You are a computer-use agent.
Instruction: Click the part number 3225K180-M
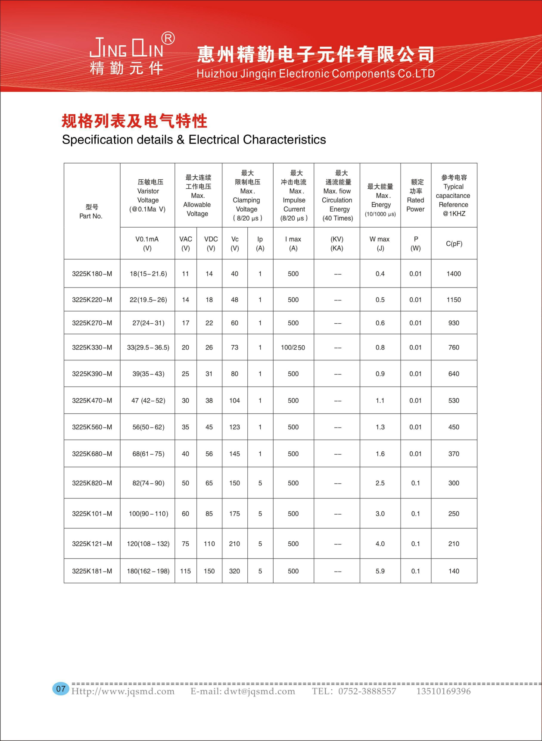pos(92,274)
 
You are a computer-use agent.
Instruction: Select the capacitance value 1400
pos(454,274)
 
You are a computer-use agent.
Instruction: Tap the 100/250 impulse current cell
pos(293,347)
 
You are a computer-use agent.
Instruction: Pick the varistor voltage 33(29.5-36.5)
pos(148,347)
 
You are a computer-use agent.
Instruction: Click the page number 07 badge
pos(61,688)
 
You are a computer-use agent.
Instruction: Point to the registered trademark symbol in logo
pos(168,38)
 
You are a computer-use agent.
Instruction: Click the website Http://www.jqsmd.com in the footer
pos(123,691)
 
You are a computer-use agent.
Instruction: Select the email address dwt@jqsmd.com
pos(243,691)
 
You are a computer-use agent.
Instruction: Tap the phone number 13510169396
pos(443,691)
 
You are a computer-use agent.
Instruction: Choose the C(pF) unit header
pos(454,244)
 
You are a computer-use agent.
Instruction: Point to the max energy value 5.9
pos(380,571)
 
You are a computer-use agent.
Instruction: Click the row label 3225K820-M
pos(92,483)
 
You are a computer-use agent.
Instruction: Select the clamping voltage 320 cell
pos(234,571)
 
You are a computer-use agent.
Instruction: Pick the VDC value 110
pos(209,544)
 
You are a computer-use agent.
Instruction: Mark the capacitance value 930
pos(454,323)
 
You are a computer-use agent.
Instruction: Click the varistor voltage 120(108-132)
pos(148,544)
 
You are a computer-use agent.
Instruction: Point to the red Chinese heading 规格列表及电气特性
pos(134,121)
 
